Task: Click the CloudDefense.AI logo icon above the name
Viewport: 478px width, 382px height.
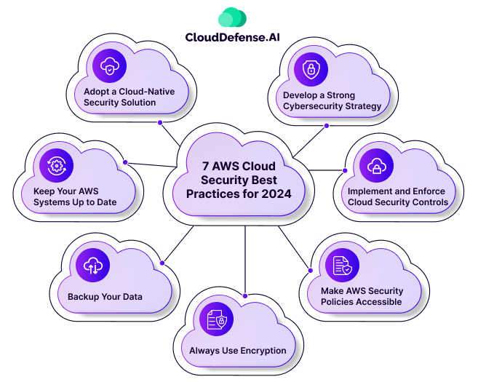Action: pos(232,17)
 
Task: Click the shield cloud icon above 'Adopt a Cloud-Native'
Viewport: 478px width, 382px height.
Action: pos(109,66)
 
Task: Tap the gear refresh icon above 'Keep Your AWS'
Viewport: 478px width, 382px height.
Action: pos(56,166)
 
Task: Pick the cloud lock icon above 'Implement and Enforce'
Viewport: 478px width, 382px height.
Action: pos(376,166)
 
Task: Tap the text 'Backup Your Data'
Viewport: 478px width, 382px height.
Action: pos(105,297)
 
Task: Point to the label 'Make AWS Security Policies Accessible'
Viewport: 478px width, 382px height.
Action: pos(362,296)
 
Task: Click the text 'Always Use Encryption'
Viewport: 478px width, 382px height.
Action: pos(238,351)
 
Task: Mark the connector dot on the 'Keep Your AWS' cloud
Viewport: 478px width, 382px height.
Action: pos(125,162)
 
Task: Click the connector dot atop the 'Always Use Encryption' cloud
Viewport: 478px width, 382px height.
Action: pos(245,295)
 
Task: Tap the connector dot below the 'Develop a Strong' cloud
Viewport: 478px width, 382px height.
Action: pos(326,125)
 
